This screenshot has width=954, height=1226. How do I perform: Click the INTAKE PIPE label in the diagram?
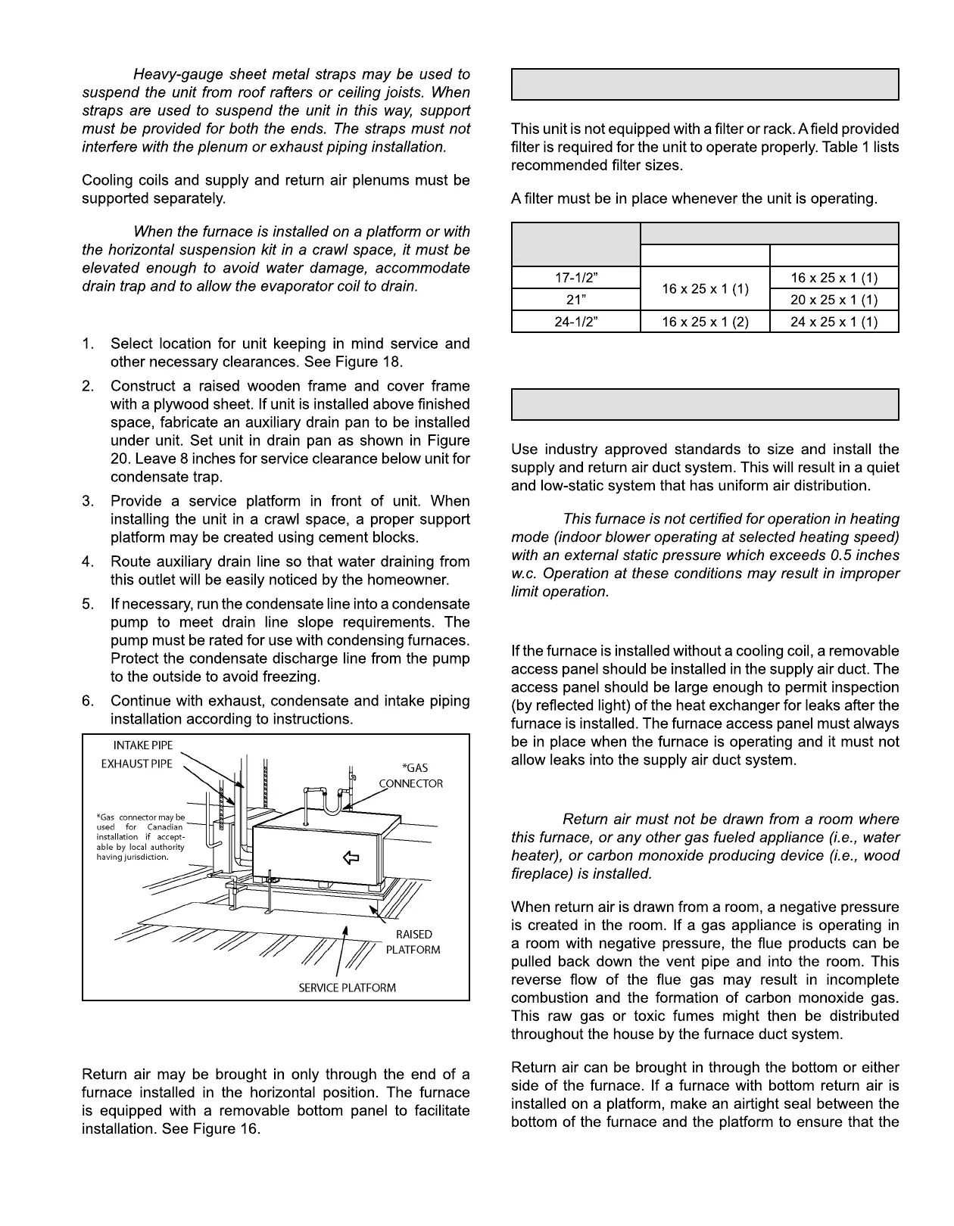(x=143, y=745)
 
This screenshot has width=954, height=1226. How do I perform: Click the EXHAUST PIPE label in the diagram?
(x=136, y=764)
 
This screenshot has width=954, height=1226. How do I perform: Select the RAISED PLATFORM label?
(x=414, y=942)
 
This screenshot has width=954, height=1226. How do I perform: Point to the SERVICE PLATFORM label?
(x=347, y=988)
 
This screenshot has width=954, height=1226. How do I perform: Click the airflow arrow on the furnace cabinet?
(x=351, y=857)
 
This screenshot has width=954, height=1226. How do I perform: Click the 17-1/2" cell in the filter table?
(x=575, y=278)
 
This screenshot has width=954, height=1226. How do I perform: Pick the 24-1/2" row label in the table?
(x=575, y=322)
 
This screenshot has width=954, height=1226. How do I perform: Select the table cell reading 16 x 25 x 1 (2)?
(x=705, y=322)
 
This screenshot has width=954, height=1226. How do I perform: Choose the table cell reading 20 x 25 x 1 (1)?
(x=834, y=300)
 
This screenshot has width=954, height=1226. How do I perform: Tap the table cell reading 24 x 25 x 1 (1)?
(x=834, y=322)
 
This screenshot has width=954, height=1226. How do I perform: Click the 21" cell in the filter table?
(x=575, y=300)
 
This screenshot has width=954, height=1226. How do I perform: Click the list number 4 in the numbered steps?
(x=88, y=562)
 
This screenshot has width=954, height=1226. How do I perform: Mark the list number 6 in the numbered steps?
(x=88, y=702)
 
